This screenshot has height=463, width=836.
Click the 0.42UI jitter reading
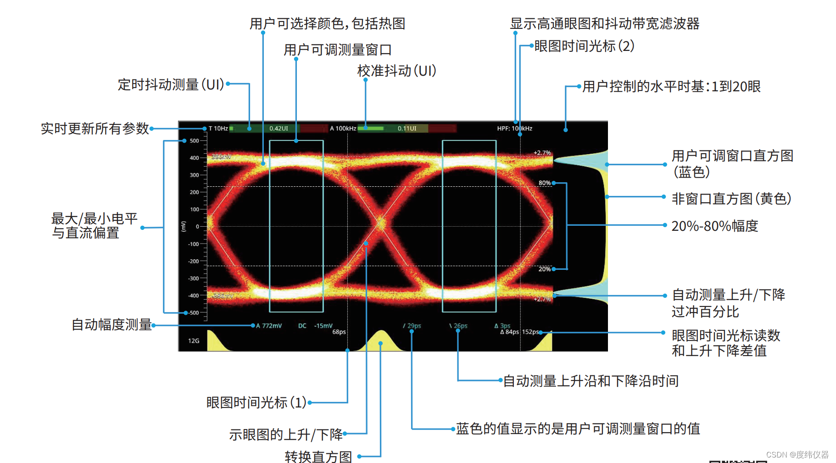(x=279, y=128)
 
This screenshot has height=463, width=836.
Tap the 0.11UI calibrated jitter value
(x=407, y=128)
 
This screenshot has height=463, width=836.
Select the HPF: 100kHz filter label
(x=514, y=128)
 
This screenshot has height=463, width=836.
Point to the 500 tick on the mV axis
(x=195, y=141)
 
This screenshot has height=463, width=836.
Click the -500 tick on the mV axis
(x=194, y=313)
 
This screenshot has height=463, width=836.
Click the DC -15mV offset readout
(x=316, y=326)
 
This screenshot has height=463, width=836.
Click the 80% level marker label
(x=544, y=183)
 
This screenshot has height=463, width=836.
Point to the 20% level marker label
(x=544, y=269)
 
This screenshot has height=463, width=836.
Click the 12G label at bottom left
(x=194, y=341)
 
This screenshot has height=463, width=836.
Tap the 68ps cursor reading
(x=339, y=332)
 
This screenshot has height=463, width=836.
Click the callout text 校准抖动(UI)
(x=396, y=71)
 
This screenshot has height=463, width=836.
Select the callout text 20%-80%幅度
(x=714, y=226)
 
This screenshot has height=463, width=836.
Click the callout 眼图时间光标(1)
(x=256, y=402)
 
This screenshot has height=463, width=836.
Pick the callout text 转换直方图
(x=318, y=457)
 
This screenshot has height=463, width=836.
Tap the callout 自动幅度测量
(x=111, y=325)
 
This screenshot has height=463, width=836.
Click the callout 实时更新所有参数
(x=95, y=128)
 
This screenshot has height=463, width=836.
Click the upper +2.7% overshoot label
(x=542, y=153)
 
